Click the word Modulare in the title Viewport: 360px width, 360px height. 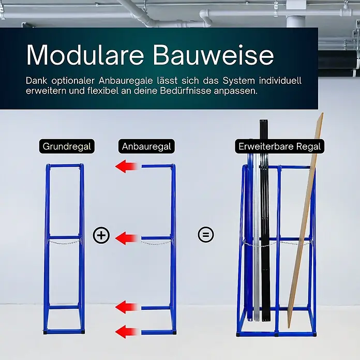[85, 55]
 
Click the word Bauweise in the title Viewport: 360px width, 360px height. [214, 55]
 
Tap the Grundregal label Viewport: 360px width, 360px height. [67, 146]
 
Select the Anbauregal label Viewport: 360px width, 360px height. [146, 146]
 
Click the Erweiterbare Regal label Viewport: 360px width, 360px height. [280, 146]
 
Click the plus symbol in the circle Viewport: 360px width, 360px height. [101, 235]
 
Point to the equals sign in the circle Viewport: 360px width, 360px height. [206, 234]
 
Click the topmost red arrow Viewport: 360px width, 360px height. [126, 166]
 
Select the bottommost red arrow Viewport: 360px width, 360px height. [126, 332]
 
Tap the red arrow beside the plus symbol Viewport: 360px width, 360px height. [126, 238]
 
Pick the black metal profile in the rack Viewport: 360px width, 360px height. [265, 220]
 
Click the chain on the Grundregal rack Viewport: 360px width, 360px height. [64, 242]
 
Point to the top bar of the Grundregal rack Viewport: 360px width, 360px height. [65, 166]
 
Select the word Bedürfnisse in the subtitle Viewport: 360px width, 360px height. [186, 91]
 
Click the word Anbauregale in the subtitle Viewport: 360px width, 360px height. [126, 81]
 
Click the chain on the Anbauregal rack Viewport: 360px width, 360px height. [156, 243]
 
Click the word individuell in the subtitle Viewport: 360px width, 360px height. [280, 81]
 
